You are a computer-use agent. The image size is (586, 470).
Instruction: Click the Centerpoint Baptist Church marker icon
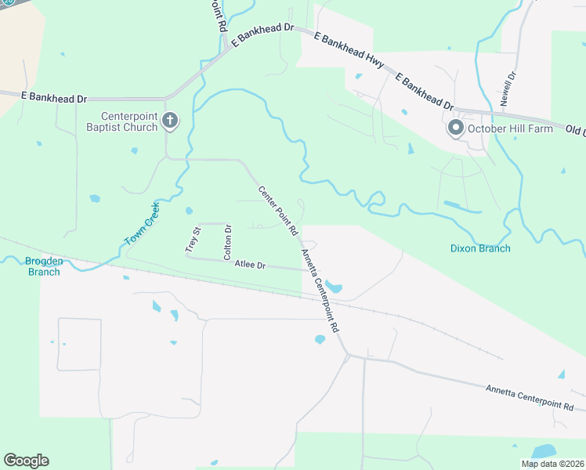click(171, 121)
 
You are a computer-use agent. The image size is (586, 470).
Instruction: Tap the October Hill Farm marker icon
click(455, 128)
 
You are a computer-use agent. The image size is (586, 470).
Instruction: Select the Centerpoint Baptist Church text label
click(129, 121)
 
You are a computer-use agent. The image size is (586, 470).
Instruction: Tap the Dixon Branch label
click(480, 248)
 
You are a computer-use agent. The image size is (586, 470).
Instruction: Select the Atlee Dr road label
click(251, 266)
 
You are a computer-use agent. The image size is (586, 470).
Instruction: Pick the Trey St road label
click(194, 239)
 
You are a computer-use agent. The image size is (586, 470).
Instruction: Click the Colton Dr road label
click(227, 242)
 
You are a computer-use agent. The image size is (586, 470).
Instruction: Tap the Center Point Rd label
click(278, 211)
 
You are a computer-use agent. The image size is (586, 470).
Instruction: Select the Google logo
click(26, 461)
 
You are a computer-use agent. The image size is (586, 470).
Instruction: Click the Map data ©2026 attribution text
click(552, 464)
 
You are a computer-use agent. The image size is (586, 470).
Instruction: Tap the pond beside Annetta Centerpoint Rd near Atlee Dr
click(333, 287)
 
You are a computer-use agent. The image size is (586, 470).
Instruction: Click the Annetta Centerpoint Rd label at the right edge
click(530, 397)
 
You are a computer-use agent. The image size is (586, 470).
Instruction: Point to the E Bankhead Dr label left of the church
click(53, 97)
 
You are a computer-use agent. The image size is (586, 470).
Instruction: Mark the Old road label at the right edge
click(575, 128)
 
